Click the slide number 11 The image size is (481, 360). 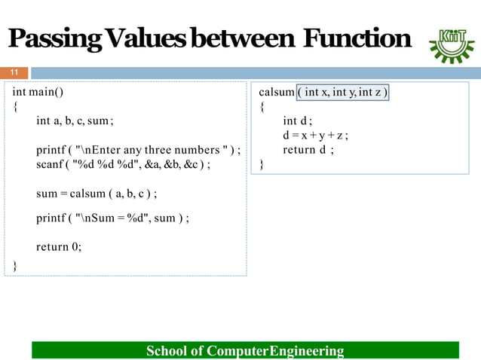13,73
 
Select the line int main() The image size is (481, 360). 38,93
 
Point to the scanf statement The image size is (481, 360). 123,163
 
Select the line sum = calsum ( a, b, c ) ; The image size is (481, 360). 96,194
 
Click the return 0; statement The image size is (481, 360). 58,246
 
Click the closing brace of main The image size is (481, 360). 15,265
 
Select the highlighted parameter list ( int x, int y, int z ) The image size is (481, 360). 342,93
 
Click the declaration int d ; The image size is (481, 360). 297,121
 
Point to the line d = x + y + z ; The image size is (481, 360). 315,136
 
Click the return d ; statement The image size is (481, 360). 308,150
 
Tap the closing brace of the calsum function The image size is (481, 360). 262,164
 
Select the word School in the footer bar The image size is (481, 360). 167,351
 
